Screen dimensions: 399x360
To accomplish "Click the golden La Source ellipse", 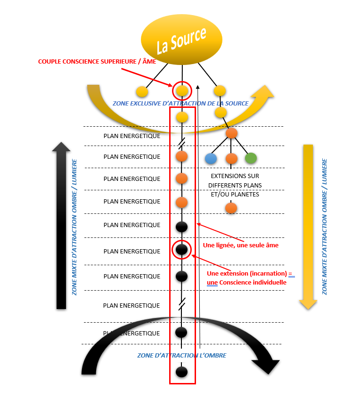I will coord(181,41).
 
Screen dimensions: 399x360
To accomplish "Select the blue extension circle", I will coord(211,158).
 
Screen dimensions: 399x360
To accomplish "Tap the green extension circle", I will coord(251,158).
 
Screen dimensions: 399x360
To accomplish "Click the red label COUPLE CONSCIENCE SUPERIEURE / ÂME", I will coord(97,62).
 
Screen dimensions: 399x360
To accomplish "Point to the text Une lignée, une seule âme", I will coord(240,245).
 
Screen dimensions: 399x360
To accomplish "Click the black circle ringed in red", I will coord(182,249).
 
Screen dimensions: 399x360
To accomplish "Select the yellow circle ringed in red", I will coord(182,90).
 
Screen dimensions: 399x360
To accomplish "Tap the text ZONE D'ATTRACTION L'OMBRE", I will coord(181,355).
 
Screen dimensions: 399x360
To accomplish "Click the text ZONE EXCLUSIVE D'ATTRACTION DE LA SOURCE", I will coord(180,103).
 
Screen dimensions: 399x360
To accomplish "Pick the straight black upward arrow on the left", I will coord(61,226).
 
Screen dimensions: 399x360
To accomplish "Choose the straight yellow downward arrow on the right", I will coord(308,226).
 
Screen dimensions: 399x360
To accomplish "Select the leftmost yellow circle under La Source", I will coord(142,91).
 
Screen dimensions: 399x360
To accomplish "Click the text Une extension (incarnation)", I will coord(247,274).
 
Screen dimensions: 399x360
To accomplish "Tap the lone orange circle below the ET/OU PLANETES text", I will coord(231,207).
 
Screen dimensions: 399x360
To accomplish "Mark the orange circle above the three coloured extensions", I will coord(231,133).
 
